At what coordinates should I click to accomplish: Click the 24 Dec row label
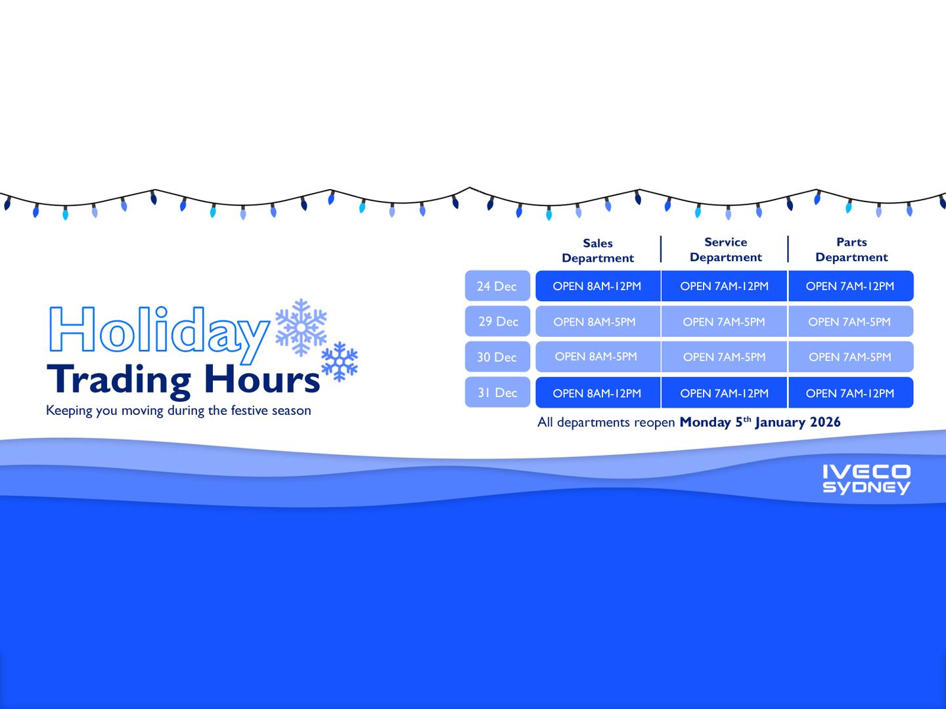click(497, 286)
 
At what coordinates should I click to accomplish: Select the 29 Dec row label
click(497, 322)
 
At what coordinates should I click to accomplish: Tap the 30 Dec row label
click(497, 357)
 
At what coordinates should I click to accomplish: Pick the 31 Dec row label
click(497, 393)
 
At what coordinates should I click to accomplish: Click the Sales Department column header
click(598, 251)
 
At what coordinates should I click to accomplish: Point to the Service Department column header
click(725, 250)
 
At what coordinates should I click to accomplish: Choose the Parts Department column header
click(851, 250)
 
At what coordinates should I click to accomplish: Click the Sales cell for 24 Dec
click(597, 286)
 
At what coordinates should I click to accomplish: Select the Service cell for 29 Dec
click(724, 322)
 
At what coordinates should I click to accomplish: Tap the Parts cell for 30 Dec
click(850, 357)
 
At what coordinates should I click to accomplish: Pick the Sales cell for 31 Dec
click(597, 393)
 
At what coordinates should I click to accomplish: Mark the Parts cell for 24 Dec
click(850, 286)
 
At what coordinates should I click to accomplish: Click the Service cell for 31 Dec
click(724, 393)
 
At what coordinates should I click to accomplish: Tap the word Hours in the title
click(261, 379)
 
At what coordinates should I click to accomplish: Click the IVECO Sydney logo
click(867, 479)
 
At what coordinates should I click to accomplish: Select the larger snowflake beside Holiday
click(301, 327)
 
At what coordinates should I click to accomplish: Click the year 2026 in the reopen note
click(825, 422)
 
